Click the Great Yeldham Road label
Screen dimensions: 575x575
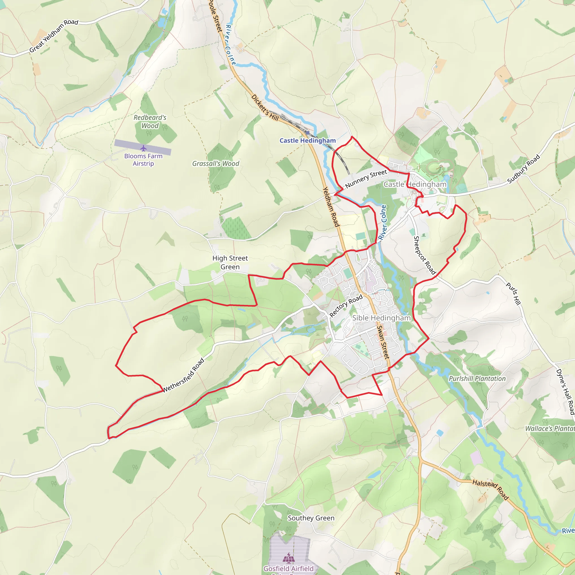pos(54,36)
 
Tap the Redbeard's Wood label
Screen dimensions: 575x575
pos(150,121)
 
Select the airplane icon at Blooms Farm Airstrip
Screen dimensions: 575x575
pos(143,148)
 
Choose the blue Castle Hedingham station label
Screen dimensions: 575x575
pos(307,140)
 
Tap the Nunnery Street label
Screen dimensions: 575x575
pos(366,179)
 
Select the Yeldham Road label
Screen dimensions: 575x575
pos(331,207)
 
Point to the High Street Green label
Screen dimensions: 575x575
pos(230,263)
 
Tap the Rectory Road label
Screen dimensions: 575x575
pos(346,306)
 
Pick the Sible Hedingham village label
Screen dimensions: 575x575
pos(381,318)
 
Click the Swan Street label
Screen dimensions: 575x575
pos(383,342)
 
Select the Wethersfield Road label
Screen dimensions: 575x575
pos(184,375)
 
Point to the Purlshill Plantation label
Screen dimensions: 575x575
pos(477,378)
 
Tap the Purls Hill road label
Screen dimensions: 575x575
pos(514,294)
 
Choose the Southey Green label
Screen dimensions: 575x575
pos(311,518)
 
